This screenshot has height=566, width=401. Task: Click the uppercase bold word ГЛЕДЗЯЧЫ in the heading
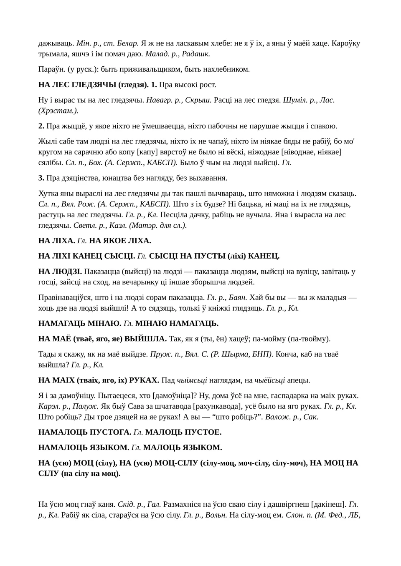94,85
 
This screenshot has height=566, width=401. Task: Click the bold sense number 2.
41,126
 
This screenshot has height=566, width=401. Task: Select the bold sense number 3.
41,178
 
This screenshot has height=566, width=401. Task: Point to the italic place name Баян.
238,297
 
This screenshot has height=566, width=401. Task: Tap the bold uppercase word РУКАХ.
144,380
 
